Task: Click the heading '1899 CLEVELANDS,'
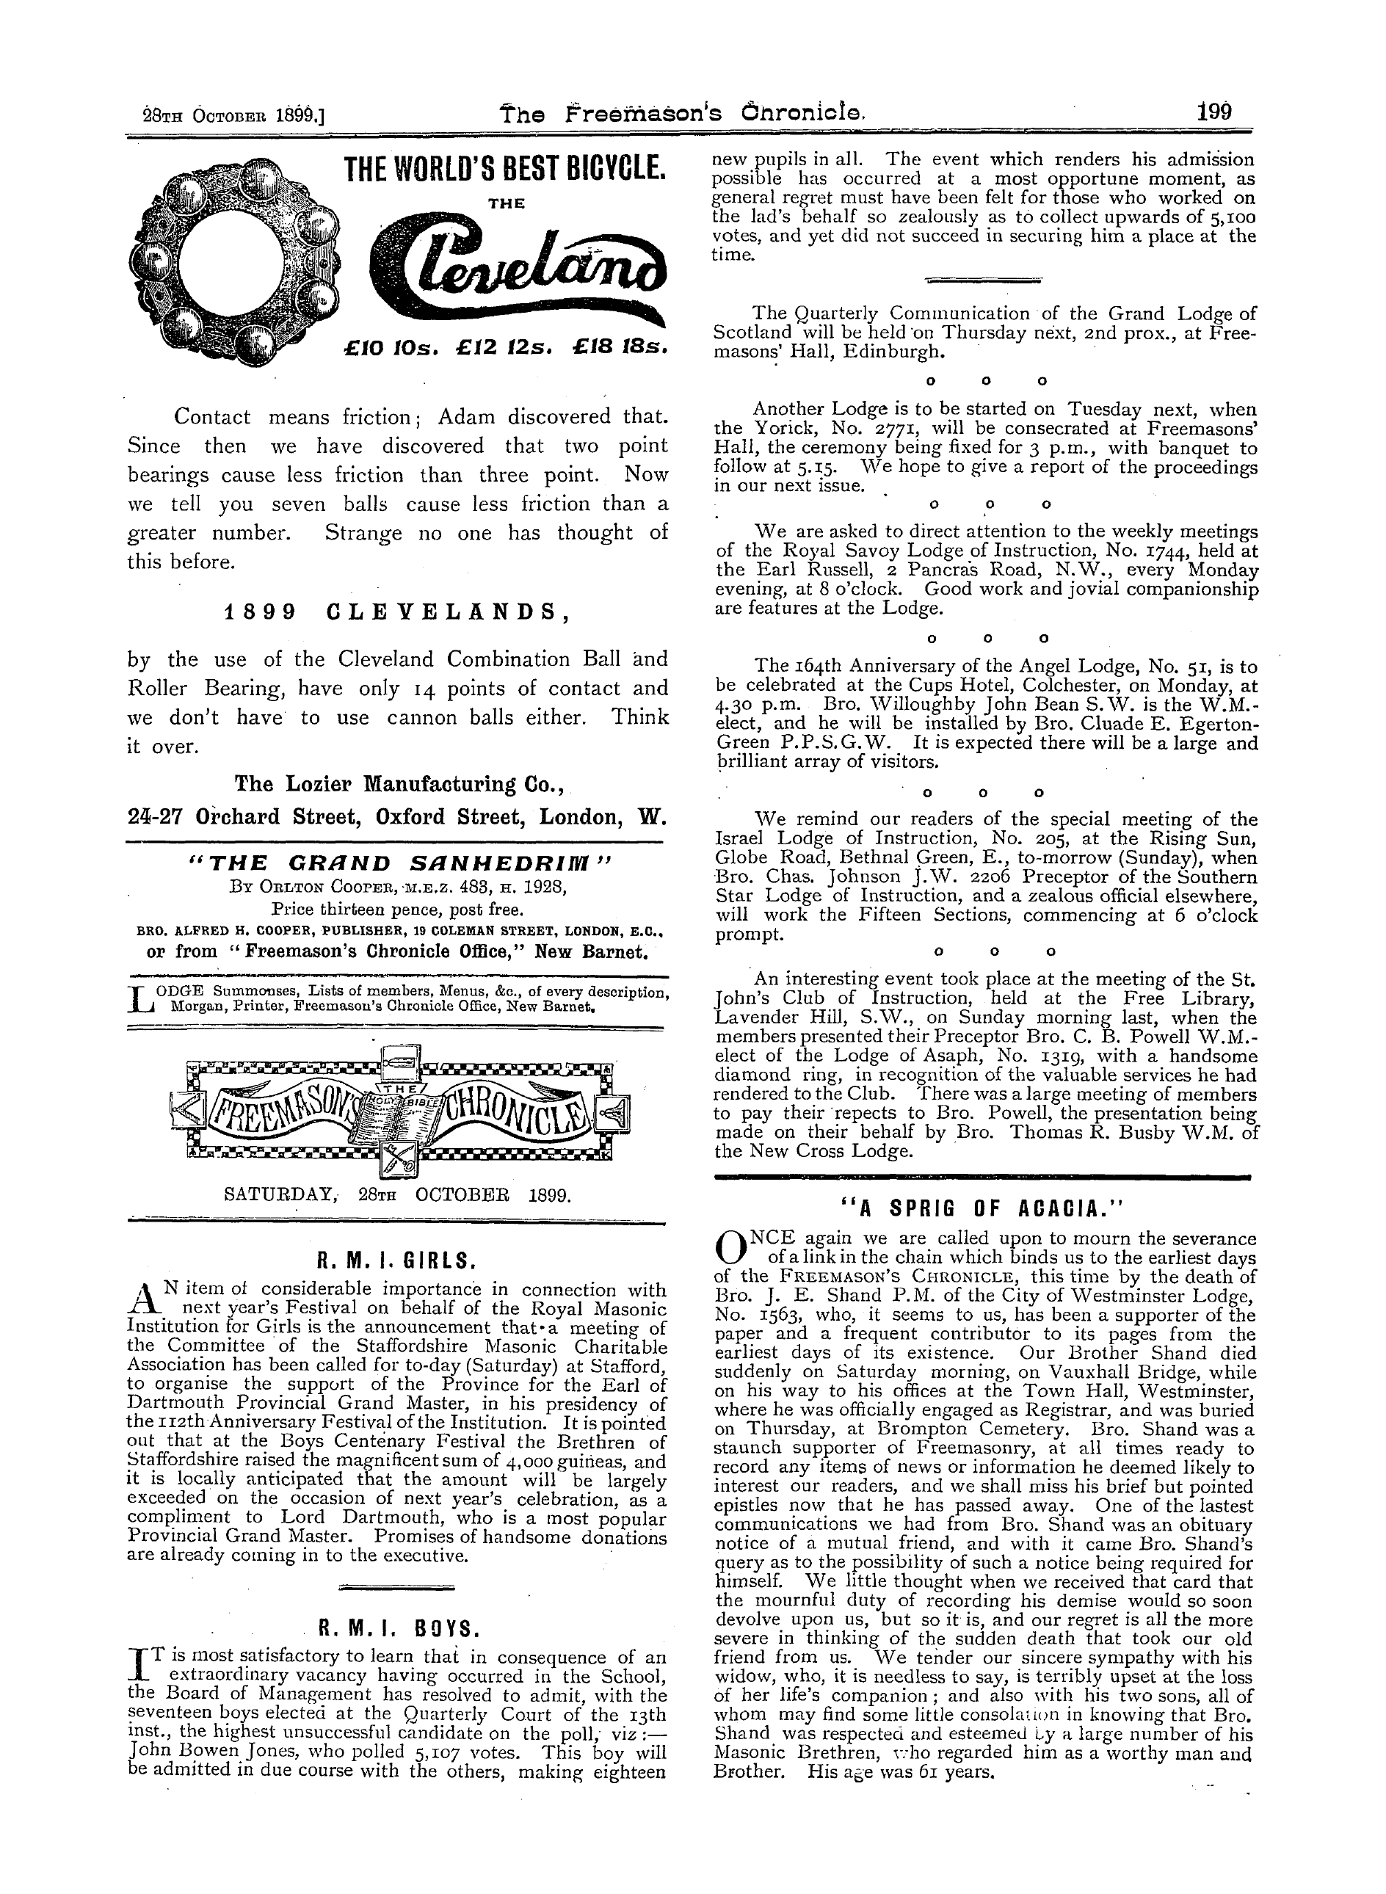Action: [393, 612]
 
